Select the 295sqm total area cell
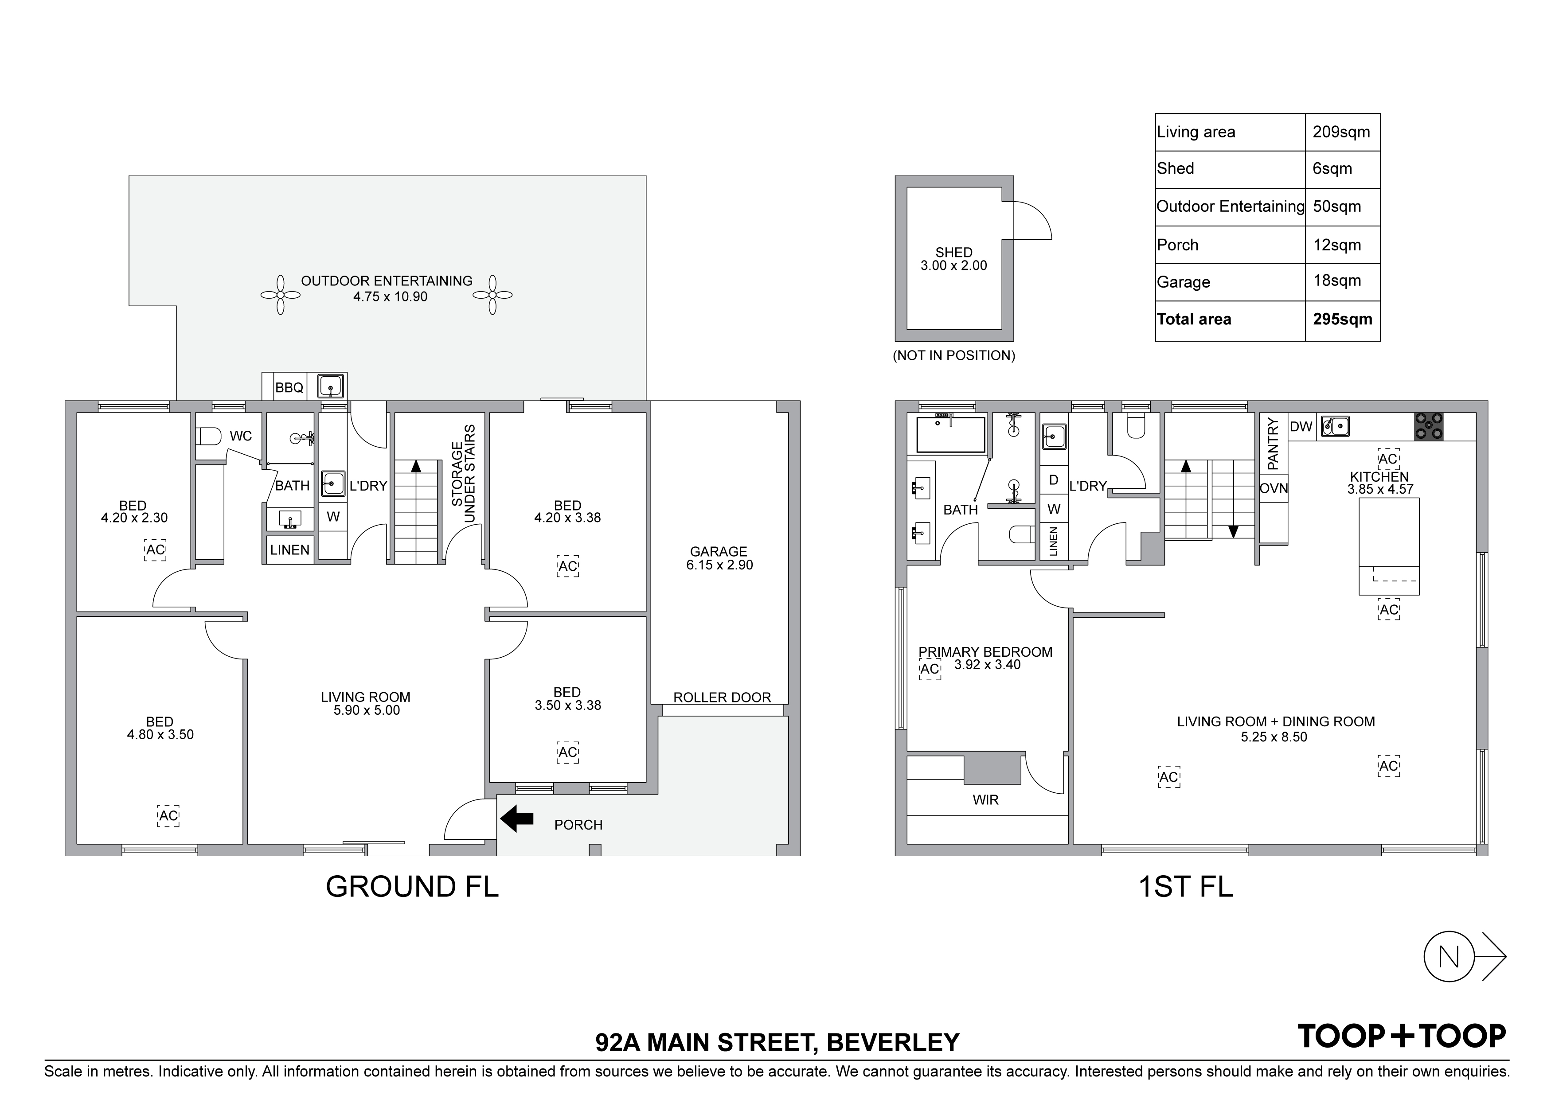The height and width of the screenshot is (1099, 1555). point(1342,320)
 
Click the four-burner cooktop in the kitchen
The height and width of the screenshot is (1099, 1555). point(1428,427)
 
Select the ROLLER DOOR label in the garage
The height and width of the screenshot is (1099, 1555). point(722,698)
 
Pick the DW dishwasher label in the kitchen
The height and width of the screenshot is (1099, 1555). point(1301,427)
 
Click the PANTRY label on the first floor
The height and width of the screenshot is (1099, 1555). point(1273,444)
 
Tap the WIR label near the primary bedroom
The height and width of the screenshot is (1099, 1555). point(985,800)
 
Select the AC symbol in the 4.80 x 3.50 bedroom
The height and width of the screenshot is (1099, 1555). point(168,816)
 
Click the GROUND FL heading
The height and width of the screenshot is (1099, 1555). point(412,886)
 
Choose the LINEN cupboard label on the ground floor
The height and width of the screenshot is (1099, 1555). point(290,550)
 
